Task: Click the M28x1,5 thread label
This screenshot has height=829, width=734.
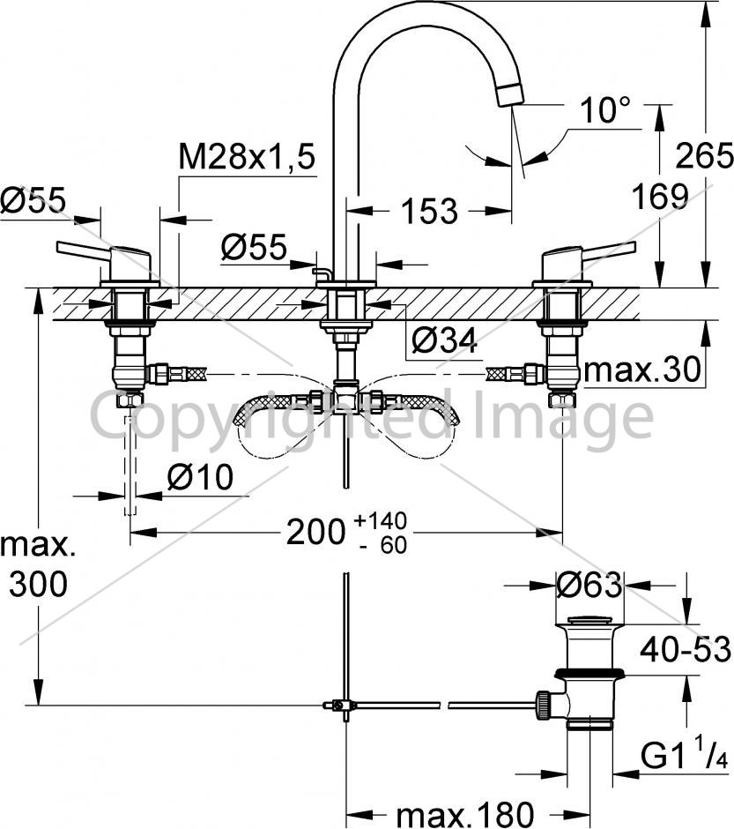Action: [x=247, y=156]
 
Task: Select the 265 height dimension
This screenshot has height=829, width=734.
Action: [x=704, y=155]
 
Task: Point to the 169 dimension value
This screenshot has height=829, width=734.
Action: [x=661, y=196]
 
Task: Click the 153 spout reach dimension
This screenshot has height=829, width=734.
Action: [x=429, y=211]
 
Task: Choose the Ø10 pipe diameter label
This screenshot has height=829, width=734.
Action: [x=200, y=476]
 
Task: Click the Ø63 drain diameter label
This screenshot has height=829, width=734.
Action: [x=589, y=586]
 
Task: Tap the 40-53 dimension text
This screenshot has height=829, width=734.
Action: [x=686, y=649]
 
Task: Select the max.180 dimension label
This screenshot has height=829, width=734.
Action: [x=464, y=814]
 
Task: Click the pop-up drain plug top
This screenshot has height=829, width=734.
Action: [x=589, y=620]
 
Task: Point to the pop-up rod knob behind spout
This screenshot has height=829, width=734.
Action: [x=321, y=273]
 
